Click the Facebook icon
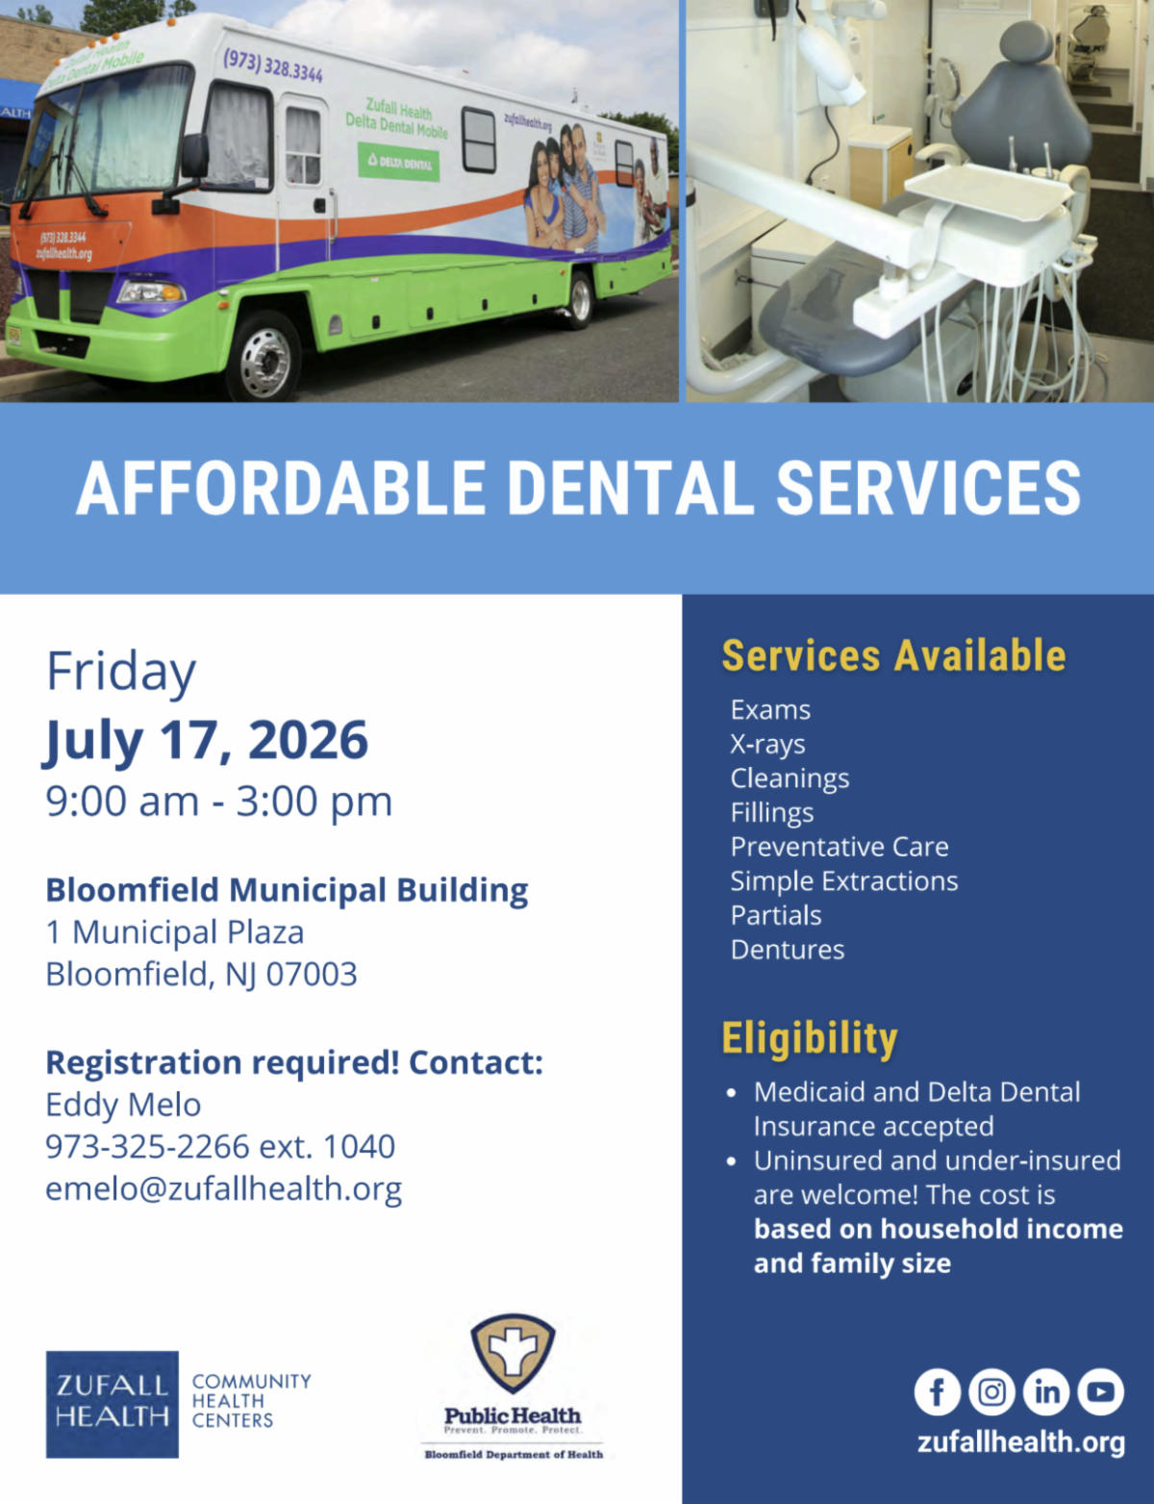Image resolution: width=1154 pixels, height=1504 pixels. [937, 1391]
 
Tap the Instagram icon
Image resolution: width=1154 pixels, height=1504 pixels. [991, 1391]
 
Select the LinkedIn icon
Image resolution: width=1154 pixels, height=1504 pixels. [1046, 1391]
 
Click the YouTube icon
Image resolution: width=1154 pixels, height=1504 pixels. [1101, 1391]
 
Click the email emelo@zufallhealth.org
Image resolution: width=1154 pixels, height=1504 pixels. [223, 1189]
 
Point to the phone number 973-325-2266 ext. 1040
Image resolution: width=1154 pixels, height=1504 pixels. [220, 1146]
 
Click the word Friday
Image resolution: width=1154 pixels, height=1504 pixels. [121, 673]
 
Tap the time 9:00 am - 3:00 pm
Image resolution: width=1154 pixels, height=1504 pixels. [218, 802]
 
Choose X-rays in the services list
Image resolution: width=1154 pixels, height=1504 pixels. [767, 745]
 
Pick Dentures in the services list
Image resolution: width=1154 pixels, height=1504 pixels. [788, 950]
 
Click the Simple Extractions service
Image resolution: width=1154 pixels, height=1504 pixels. [844, 881]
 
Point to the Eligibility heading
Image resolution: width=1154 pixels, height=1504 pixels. [810, 1039]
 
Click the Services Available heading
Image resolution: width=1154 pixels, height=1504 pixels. [894, 655]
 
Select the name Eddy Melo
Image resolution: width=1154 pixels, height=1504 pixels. [123, 1105]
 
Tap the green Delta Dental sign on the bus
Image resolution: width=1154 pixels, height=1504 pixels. [398, 163]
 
